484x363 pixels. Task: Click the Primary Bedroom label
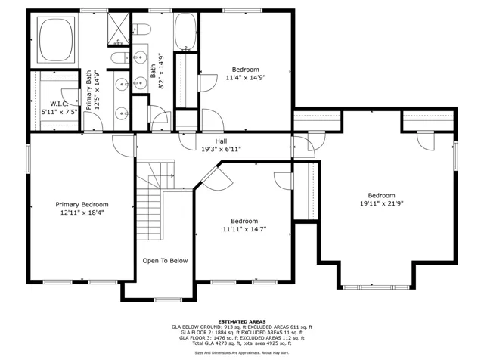coord(82,205)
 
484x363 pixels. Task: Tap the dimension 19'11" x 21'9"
coord(382,203)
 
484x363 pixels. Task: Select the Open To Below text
coord(165,261)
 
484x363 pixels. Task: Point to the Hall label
coord(221,141)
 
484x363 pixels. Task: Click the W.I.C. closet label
coord(59,104)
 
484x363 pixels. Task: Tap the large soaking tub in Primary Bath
coord(56,39)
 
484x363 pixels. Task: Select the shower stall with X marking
coord(119,29)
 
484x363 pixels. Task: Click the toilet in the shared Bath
coord(142,29)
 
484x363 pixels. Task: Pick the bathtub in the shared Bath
coord(185,32)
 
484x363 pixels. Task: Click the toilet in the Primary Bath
coord(120,57)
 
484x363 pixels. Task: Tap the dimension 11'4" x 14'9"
coord(246,77)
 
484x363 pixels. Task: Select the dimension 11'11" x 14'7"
coord(244,229)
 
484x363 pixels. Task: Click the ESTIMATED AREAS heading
coord(242,321)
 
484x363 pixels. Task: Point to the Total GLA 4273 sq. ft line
coord(242,343)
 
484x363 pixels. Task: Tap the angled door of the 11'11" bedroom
coord(217,178)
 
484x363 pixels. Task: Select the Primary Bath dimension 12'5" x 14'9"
coord(98,90)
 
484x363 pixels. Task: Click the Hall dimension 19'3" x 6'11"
coord(222,150)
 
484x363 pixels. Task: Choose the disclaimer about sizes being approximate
coord(242,352)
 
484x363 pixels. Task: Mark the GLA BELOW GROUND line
coord(242,327)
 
